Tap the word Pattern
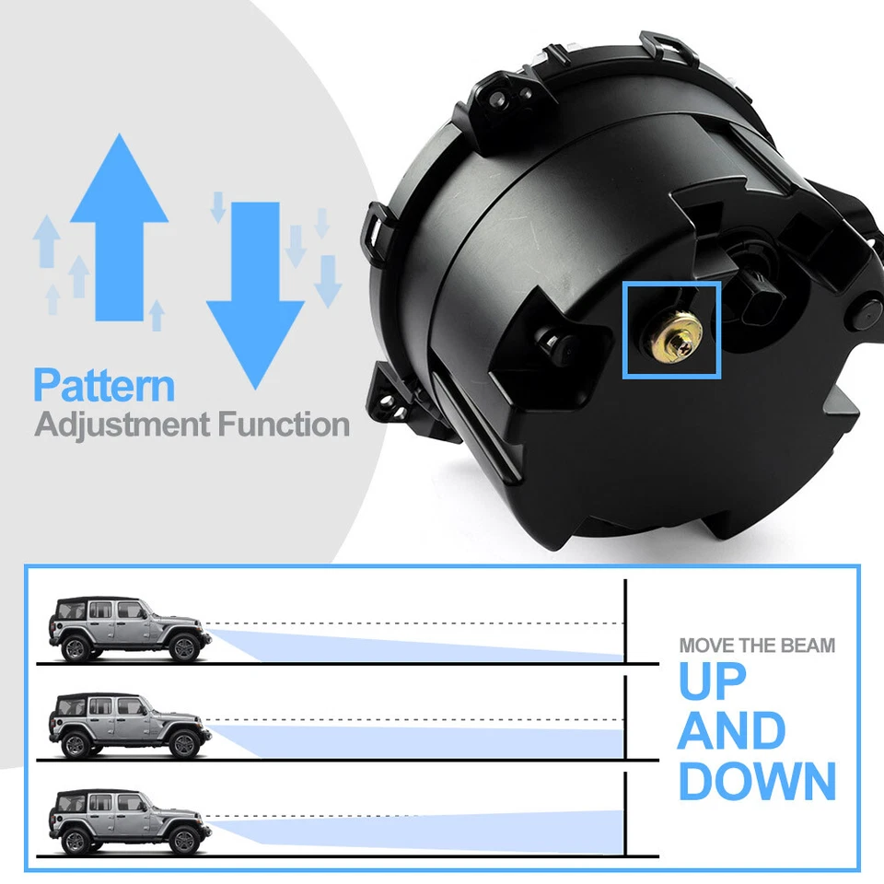coord(103,386)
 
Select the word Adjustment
coord(122,426)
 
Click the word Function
coord(284,425)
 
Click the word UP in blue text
coord(715,682)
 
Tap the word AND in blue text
coord(732,732)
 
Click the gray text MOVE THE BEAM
coord(757,646)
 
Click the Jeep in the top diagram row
coord(124,628)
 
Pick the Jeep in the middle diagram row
coord(124,726)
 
